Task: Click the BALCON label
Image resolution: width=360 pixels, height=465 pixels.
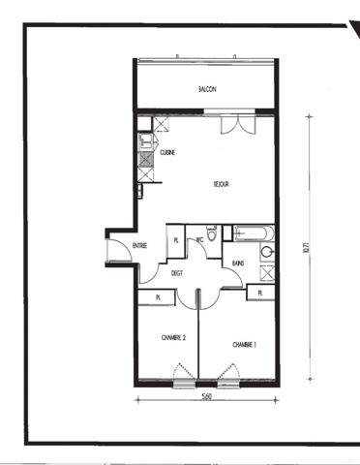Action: coord(207,89)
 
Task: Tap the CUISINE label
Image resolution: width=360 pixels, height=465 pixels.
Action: coord(166,152)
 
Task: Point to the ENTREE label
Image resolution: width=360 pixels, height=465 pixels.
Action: coord(139,246)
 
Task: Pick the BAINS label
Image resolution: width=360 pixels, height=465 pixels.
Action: coord(238,263)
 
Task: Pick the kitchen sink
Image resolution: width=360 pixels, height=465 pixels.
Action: coord(144,140)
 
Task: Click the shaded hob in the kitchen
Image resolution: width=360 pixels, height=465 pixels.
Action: coord(144,160)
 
